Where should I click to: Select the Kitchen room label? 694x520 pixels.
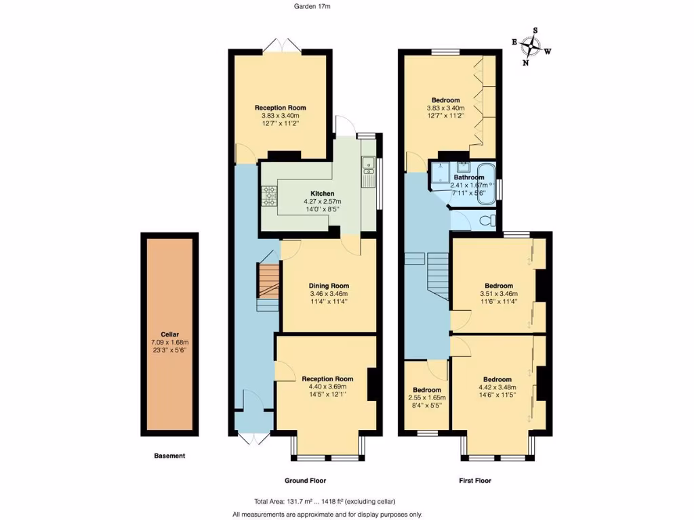[322, 194]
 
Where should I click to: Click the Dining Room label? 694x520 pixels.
[329, 286]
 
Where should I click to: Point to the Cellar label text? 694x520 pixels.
[169, 334]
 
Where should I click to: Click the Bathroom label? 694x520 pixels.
[469, 177]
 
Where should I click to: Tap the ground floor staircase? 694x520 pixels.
[268, 284]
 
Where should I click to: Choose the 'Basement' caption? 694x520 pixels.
[169, 456]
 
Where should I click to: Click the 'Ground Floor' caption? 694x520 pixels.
[305, 481]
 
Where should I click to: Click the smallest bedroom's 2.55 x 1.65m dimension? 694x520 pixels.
[427, 398]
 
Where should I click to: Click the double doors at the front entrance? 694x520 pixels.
[250, 439]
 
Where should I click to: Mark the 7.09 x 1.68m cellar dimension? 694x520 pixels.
[169, 343]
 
